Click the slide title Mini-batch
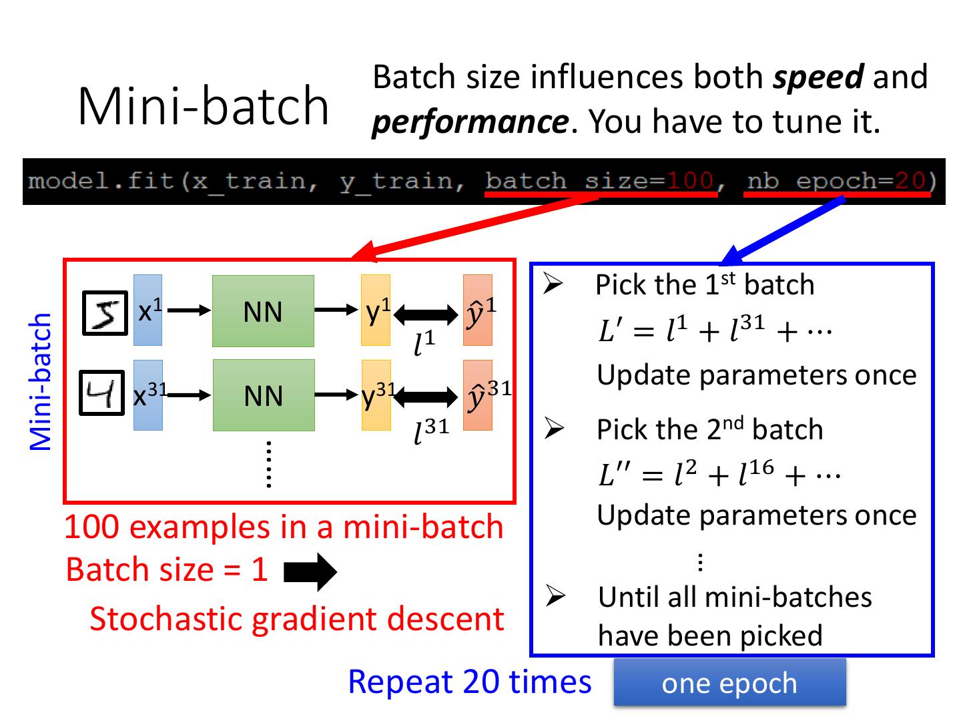tap(203, 105)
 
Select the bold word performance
tap(470, 123)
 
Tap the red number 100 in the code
tap(689, 181)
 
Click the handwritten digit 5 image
tap(105, 312)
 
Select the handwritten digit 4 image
tap(101, 393)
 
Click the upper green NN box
tap(263, 311)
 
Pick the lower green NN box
tap(264, 395)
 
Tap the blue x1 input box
tap(147, 310)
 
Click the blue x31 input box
tap(148, 395)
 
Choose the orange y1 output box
tap(376, 310)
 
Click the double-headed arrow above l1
tap(426, 314)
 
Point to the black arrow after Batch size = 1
tap(310, 572)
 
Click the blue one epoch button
tap(730, 682)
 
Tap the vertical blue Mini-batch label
tap(40, 382)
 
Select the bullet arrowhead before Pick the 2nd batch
tap(555, 428)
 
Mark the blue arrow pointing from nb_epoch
tap(783, 230)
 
